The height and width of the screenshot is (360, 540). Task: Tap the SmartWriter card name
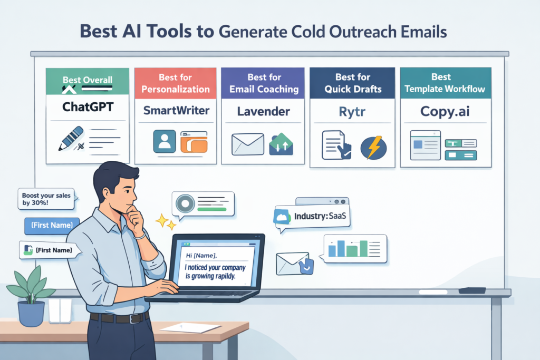click(x=176, y=111)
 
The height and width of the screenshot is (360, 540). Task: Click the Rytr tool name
click(x=352, y=111)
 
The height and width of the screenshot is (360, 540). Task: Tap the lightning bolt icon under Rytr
click(x=374, y=147)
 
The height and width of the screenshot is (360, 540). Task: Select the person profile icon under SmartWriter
click(x=164, y=141)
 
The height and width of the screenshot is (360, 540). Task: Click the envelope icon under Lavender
click(x=248, y=144)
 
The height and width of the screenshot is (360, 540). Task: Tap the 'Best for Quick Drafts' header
click(x=352, y=83)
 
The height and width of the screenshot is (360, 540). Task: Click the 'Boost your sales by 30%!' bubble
click(x=46, y=200)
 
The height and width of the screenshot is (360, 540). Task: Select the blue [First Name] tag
click(x=52, y=226)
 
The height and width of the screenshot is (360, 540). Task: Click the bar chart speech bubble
click(x=355, y=248)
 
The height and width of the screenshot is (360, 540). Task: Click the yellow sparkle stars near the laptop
click(x=166, y=221)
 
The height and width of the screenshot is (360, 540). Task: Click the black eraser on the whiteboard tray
click(x=472, y=290)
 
